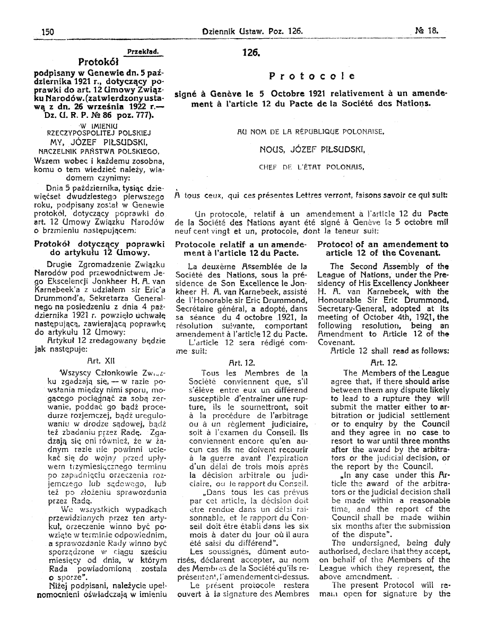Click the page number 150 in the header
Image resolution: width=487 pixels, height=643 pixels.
point(48,31)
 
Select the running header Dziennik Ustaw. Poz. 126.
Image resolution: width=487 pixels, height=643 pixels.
point(252,31)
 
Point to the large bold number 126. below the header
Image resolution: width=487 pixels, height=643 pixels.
point(250,53)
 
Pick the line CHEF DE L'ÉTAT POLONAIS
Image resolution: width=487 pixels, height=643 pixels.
point(311,167)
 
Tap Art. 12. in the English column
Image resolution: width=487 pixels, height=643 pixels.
point(385,363)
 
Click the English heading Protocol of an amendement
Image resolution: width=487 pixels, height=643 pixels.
point(382,244)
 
